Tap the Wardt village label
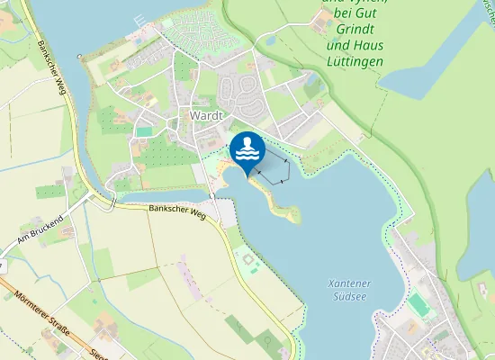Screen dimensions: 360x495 (x=206, y=116)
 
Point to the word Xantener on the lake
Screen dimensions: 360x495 (x=349, y=284)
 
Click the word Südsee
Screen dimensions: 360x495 (x=349, y=297)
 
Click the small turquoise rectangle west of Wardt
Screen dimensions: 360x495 (x=144, y=131)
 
